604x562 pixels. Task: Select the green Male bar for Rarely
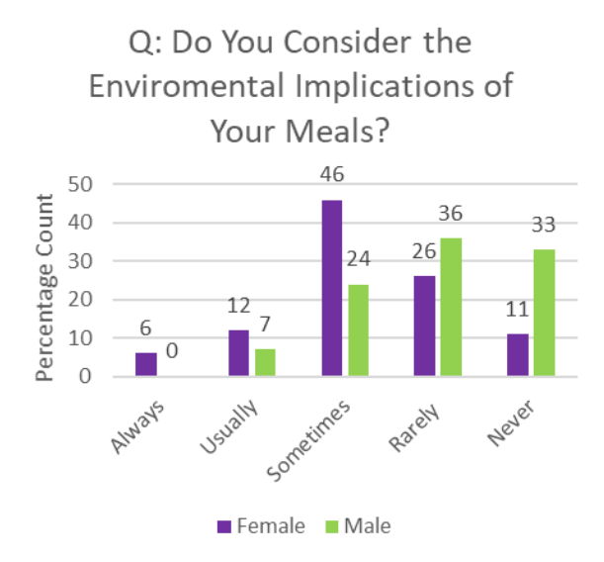click(451, 307)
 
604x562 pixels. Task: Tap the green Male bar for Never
click(544, 313)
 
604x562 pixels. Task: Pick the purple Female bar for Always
click(145, 364)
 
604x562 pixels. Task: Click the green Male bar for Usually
click(264, 362)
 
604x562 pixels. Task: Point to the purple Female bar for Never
click(517, 355)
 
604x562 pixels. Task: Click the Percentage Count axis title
click(44, 287)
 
